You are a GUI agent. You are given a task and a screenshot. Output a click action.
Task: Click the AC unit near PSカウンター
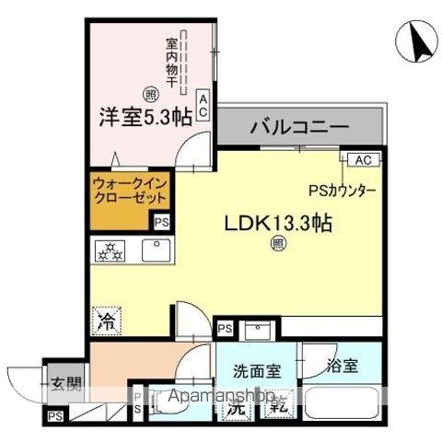click(362, 160)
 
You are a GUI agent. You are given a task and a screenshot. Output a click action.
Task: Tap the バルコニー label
click(298, 127)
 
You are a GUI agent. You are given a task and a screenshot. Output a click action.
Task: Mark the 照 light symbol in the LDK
click(276, 244)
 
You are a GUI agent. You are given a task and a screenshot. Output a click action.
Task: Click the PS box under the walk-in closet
click(161, 221)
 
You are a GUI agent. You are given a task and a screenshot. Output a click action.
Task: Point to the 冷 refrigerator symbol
click(108, 321)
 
